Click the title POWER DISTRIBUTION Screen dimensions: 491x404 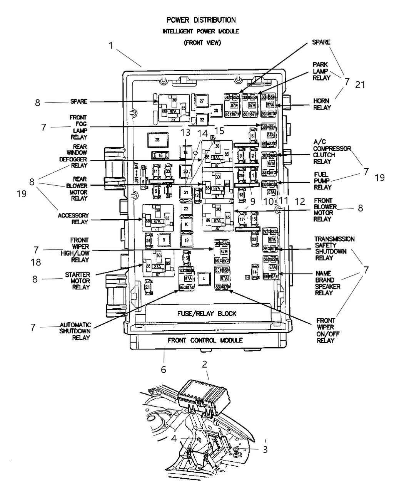click(201, 20)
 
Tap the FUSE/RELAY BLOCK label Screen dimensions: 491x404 click(207, 313)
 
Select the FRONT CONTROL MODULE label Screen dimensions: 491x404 click(205, 340)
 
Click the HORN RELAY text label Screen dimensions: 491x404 click(322, 104)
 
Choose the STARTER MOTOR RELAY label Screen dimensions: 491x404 click(77, 281)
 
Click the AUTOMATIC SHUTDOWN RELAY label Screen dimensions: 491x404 click(75, 331)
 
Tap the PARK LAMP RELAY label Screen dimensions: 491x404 click(321, 71)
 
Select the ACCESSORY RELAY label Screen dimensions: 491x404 click(73, 219)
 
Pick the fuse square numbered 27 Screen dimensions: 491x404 click(201, 101)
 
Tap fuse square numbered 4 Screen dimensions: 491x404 click(204, 278)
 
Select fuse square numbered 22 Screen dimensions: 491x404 click(186, 209)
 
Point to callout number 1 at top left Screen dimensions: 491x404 click(111, 46)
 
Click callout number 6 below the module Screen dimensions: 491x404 click(164, 370)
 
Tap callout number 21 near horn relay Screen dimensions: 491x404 click(360, 85)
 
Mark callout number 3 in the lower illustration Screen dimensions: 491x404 click(265, 449)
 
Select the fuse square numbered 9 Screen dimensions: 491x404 click(164, 240)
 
